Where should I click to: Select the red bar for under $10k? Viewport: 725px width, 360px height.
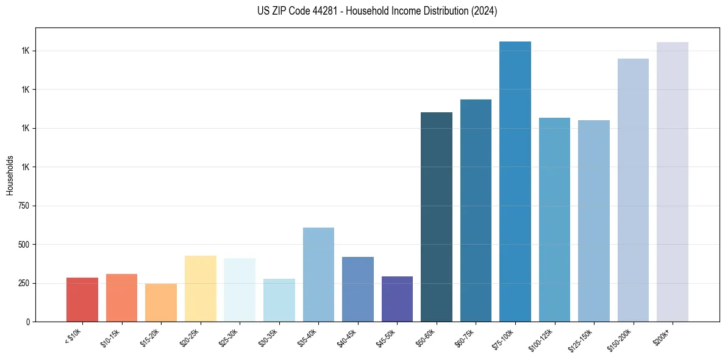tap(82, 300)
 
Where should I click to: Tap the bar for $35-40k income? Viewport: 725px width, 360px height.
tap(318, 275)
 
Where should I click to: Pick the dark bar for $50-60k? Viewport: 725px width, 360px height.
tap(437, 217)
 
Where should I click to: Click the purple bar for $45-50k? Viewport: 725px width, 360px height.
tap(397, 299)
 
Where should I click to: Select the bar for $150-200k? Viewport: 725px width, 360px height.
tap(633, 190)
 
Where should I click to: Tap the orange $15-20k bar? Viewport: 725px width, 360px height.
tap(161, 303)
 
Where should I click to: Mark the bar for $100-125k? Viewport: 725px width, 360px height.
tap(554, 220)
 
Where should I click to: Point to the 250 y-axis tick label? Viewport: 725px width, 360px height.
tap(24, 283)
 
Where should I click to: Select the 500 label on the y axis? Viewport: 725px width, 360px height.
tap(24, 245)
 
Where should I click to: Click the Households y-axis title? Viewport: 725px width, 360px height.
tap(10, 175)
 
